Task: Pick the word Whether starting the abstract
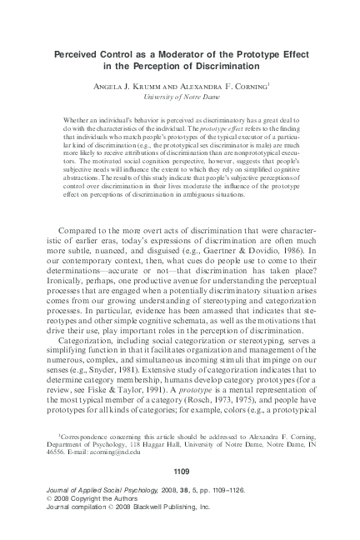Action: coord(77,122)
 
